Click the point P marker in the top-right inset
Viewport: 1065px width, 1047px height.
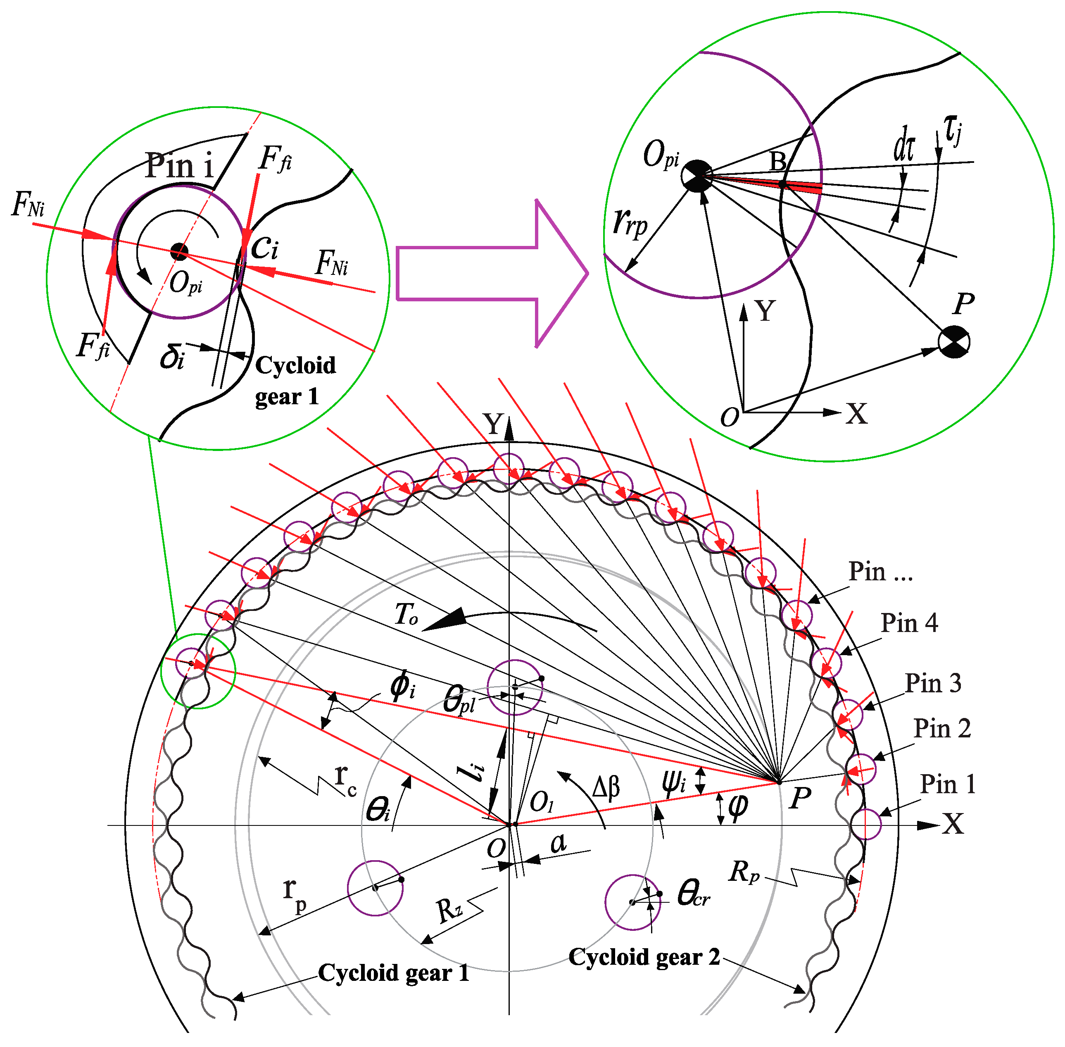pyautogui.click(x=954, y=341)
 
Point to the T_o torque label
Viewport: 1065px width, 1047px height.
pyautogui.click(x=407, y=614)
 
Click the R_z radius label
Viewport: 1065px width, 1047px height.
pyautogui.click(x=450, y=910)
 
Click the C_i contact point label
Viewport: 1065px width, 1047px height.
pyautogui.click(x=265, y=248)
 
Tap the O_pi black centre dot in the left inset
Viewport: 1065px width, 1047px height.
pyautogui.click(x=179, y=252)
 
